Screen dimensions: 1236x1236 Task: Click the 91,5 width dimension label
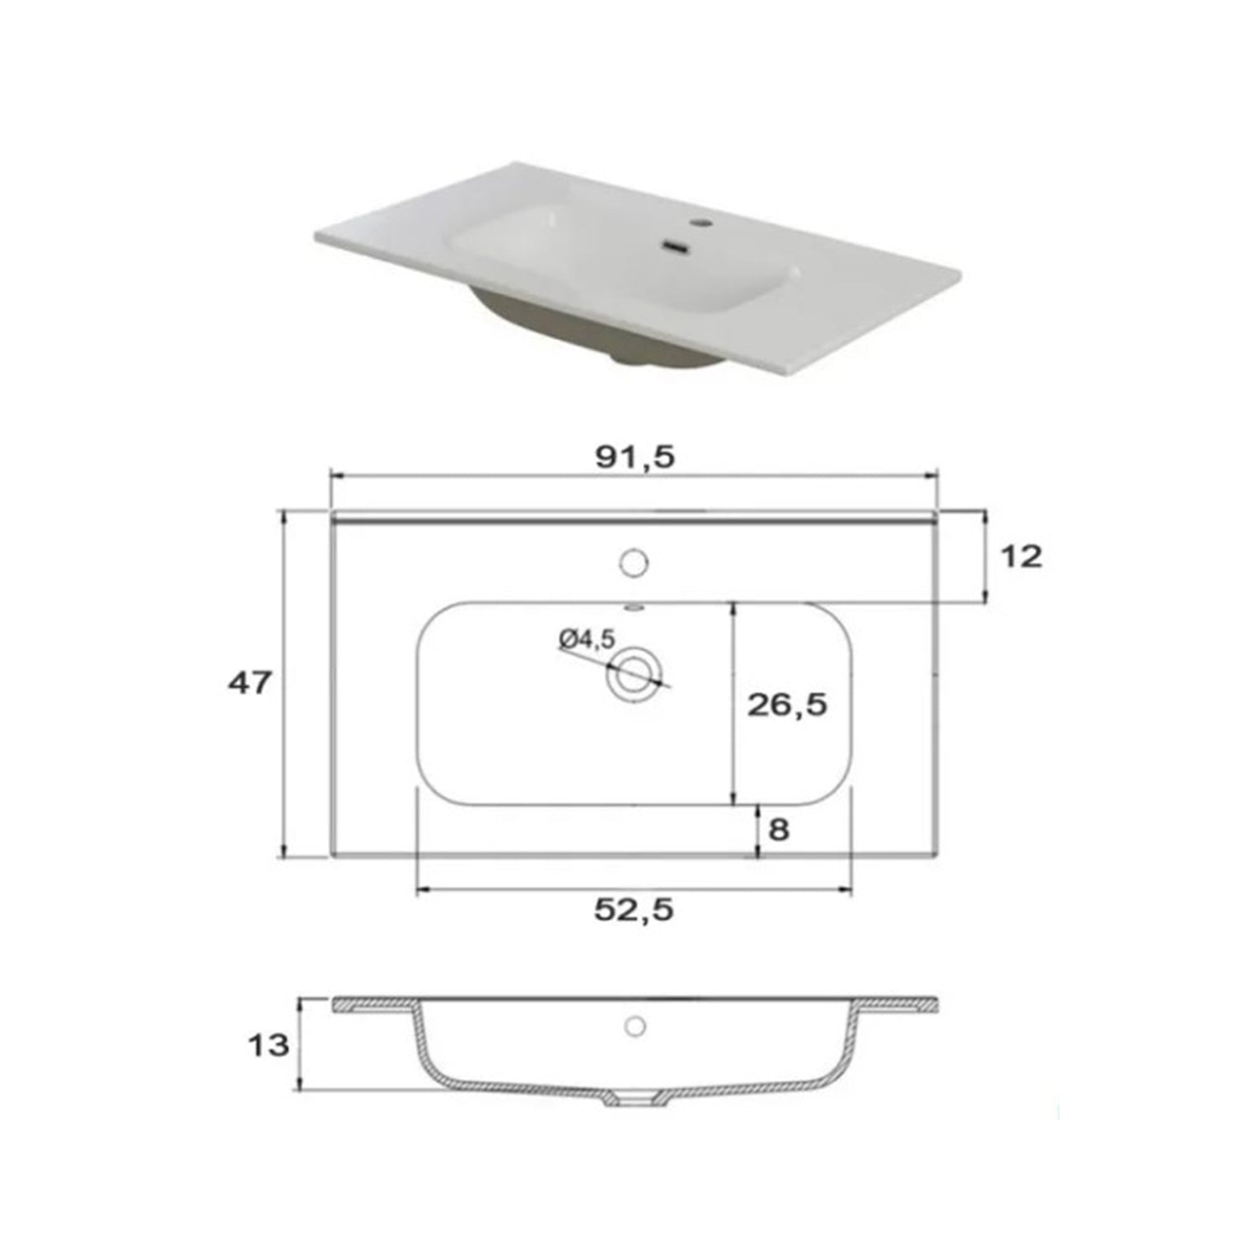pos(634,457)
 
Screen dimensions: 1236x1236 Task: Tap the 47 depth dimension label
pos(249,682)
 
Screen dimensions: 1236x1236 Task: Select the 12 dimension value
pos(1021,557)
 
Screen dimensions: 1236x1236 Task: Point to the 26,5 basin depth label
pos(787,705)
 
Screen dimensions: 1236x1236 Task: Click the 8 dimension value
pos(779,829)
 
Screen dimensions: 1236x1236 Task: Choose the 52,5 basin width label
pos(634,910)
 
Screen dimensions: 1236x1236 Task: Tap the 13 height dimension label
pos(269,1045)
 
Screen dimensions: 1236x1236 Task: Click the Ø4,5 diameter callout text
pos(586,639)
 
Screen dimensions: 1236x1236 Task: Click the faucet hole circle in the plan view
pos(633,563)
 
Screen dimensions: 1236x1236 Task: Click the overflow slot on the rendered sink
pos(675,246)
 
